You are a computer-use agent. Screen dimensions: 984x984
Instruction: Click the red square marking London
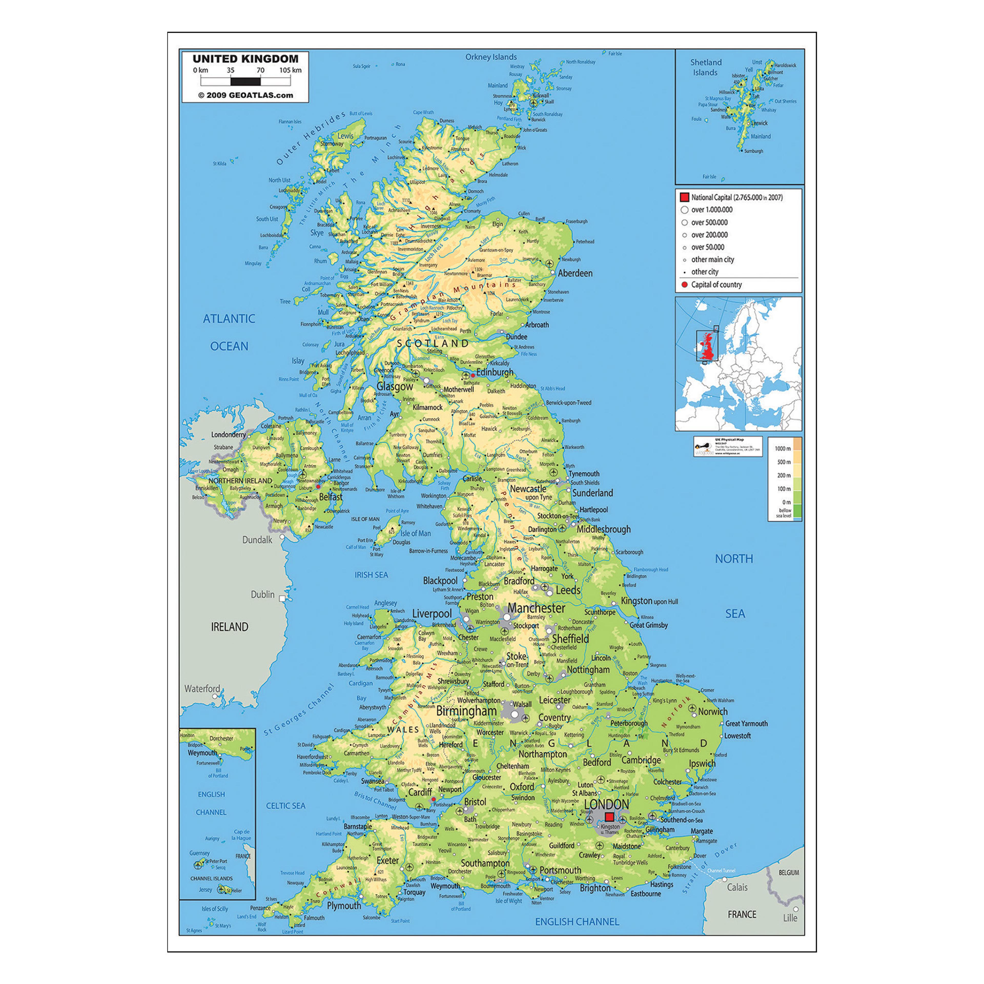(609, 817)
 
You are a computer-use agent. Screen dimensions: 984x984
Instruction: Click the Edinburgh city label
(495, 372)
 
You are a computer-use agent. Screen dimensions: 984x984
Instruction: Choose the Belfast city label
(331, 497)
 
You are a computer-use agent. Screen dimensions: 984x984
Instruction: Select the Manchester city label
(536, 608)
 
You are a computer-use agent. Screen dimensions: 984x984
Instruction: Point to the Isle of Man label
(416, 533)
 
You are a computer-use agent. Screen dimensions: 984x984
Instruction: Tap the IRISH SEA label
(371, 575)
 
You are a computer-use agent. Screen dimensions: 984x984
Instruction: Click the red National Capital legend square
(684, 197)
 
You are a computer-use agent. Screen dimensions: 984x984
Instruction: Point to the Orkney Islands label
(491, 57)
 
